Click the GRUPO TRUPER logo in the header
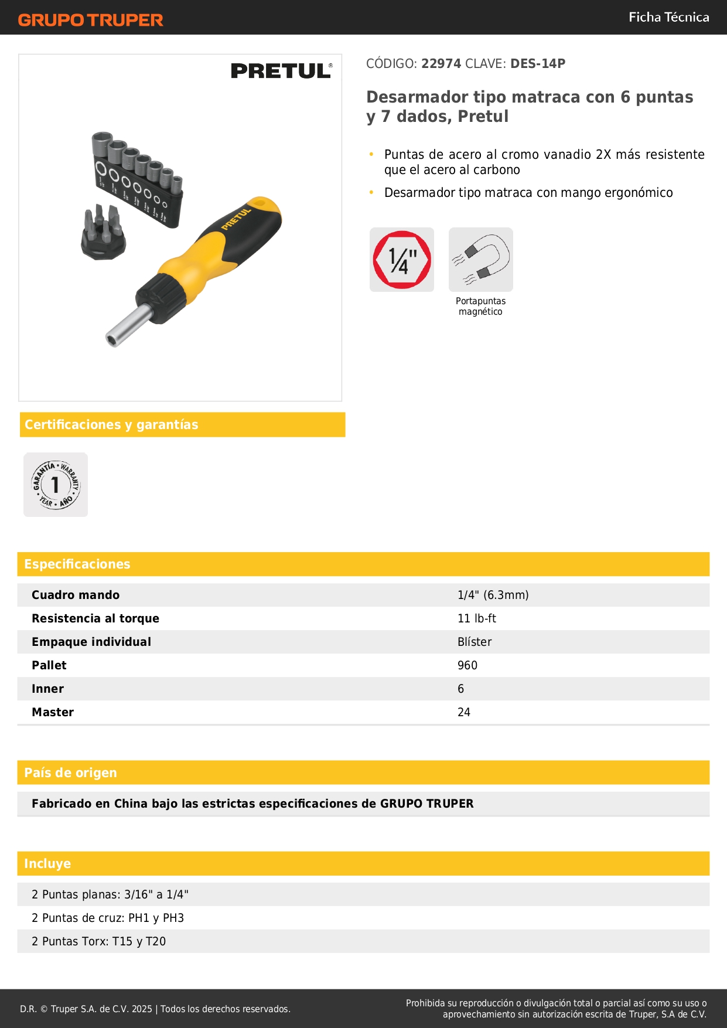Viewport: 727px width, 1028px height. [x=90, y=20]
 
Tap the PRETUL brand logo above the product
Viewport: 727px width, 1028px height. [x=281, y=71]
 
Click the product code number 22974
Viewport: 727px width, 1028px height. [x=441, y=64]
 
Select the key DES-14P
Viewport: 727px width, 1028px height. [x=538, y=64]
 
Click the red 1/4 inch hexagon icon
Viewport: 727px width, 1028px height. [x=402, y=260]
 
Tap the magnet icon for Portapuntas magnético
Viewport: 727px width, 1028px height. [x=481, y=260]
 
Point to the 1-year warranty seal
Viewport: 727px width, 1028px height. [x=56, y=485]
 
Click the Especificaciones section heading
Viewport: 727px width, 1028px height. [x=77, y=564]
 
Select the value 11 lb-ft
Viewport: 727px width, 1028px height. [x=477, y=618]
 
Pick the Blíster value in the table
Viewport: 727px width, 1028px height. [x=475, y=642]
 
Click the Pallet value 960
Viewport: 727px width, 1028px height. [x=467, y=665]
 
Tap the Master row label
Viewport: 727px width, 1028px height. [x=53, y=712]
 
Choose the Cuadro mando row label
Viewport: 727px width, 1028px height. [x=76, y=595]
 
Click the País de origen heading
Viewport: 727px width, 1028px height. [x=70, y=772]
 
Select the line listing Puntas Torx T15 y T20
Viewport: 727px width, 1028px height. [x=99, y=941]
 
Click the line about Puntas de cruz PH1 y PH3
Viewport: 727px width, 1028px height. [x=108, y=918]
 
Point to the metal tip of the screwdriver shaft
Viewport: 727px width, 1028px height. [x=113, y=339]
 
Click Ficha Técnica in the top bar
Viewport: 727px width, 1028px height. [x=668, y=17]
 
